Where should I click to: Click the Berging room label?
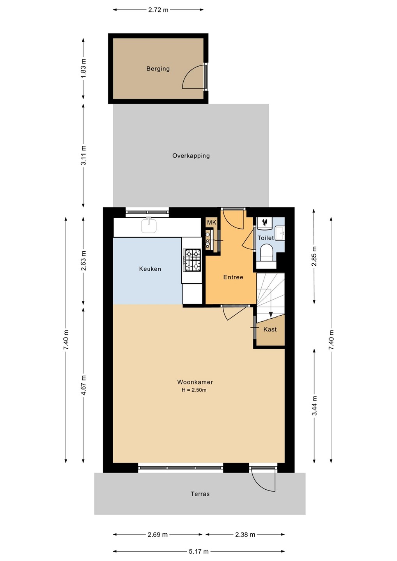pos(158,69)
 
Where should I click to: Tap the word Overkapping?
pos(191,156)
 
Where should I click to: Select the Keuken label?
pos(150,269)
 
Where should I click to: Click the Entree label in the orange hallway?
pos(233,277)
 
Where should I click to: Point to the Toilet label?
pos(266,238)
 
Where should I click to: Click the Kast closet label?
pos(270,329)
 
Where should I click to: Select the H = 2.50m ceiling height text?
pos(194,390)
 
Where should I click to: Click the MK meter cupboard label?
pos(211,222)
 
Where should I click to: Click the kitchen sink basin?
pos(149,225)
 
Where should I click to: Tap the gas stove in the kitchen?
pos(192,260)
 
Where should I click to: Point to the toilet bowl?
pos(266,253)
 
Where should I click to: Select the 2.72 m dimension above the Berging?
pos(158,10)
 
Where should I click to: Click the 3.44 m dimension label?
pos(314,406)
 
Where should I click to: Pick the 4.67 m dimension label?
pos(83,385)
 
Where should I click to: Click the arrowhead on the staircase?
pos(271,314)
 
